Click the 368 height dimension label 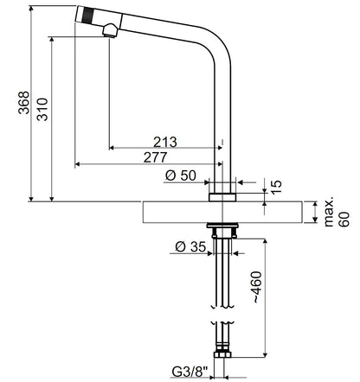[23, 103]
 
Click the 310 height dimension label [42, 110]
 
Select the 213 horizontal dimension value [165, 142]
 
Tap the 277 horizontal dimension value [156, 157]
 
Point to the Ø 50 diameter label [181, 175]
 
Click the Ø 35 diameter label [190, 247]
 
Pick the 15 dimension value [276, 188]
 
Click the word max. [329, 212]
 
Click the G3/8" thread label [190, 372]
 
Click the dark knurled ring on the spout [88, 16]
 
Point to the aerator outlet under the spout [109, 35]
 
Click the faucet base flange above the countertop [222, 197]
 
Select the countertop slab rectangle [222, 213]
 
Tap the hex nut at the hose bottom [222, 354]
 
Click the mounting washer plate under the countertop [222, 226]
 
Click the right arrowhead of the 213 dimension [220, 148]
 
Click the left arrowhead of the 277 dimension [77, 164]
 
